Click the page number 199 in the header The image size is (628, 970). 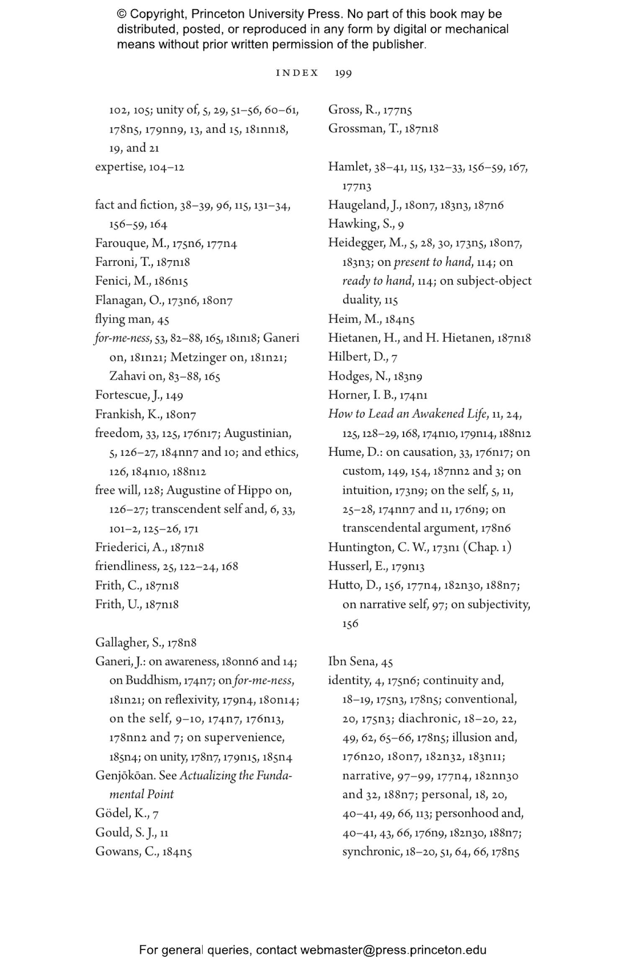click(343, 73)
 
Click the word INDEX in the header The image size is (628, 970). click(297, 73)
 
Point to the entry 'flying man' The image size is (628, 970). click(124, 319)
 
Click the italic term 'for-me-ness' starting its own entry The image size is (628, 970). click(122, 338)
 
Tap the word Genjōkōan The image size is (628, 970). click(125, 775)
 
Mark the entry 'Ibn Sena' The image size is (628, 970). click(354, 662)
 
